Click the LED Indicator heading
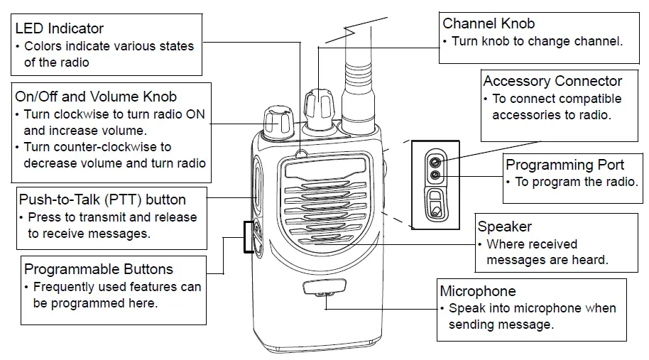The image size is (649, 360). coord(59,28)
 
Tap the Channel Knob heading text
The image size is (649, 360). coord(489,23)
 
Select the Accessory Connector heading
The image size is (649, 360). coord(552,81)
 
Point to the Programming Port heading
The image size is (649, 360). coord(565,165)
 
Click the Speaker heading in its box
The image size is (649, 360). coord(505,227)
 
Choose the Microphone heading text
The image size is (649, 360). coord(478,291)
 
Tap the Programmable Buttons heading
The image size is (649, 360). coord(99,269)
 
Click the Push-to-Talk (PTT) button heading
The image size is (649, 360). coord(102,200)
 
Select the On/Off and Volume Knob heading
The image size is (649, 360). coord(96,97)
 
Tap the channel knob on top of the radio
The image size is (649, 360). coord(319,107)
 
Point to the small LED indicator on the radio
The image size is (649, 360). coord(302,155)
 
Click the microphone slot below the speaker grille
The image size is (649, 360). coord(324,286)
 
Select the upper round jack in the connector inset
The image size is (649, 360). coord(435,161)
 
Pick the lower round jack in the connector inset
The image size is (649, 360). coord(435,175)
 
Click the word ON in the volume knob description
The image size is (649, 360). coord(195,114)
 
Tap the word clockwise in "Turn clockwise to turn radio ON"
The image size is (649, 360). coord(83,114)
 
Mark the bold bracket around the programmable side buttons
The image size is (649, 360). coord(249,236)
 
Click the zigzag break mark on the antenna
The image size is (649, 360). coord(356,31)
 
